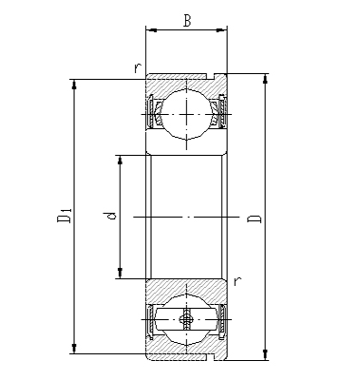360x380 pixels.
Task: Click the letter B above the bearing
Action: pos(187,20)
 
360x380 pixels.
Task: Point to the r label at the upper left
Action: pos(138,67)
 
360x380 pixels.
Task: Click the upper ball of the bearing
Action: pos(186,113)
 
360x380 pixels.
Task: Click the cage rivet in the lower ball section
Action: pos(186,321)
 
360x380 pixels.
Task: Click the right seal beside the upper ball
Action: pos(222,113)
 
